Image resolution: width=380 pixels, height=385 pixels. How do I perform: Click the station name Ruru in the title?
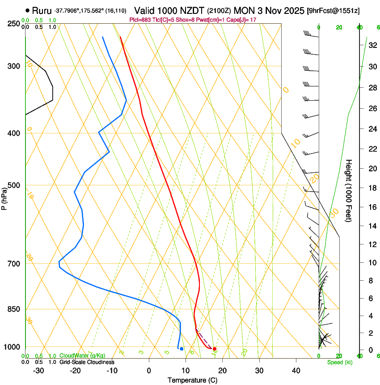(42, 10)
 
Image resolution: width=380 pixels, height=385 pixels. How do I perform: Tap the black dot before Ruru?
(28, 10)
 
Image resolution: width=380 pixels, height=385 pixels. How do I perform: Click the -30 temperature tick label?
(39, 371)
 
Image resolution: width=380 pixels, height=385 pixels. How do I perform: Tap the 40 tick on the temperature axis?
(296, 371)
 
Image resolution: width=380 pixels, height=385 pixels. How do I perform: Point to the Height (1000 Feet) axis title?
(349, 191)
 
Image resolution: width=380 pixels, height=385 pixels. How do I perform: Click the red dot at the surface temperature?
(215, 349)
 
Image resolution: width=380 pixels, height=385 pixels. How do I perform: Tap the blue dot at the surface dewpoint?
(182, 349)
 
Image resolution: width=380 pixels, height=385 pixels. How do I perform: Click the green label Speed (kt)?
(339, 362)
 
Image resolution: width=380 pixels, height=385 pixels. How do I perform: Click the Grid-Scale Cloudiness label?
(87, 362)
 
